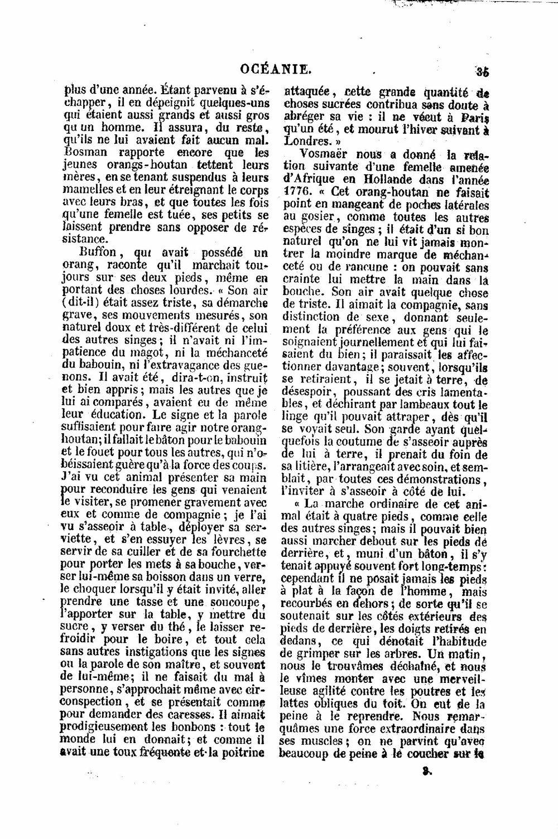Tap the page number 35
tap(482, 71)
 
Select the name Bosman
tap(83, 152)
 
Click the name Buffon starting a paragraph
tap(99, 252)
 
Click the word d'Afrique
tap(309, 180)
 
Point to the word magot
tap(144, 352)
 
